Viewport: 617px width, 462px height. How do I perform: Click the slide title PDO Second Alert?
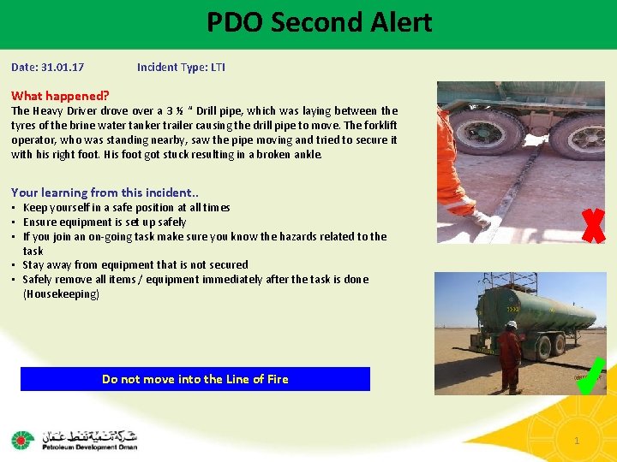pyautogui.click(x=319, y=22)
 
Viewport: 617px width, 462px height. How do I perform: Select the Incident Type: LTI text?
pyautogui.click(x=181, y=67)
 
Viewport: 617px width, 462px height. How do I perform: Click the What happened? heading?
pyautogui.click(x=60, y=96)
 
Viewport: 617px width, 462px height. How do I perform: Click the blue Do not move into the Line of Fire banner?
pyautogui.click(x=195, y=379)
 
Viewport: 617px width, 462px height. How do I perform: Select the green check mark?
pyautogui.click(x=591, y=377)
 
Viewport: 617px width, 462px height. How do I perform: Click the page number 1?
pyautogui.click(x=577, y=441)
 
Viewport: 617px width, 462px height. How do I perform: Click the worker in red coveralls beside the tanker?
pyautogui.click(x=511, y=355)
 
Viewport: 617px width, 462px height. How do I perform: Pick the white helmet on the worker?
pyautogui.click(x=512, y=325)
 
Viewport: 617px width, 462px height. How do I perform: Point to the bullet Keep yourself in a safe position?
pyautogui.click(x=126, y=208)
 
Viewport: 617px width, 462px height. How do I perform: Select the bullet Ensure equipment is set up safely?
pyautogui.click(x=105, y=222)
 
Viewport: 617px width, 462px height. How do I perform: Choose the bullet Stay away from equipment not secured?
pyautogui.click(x=135, y=265)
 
